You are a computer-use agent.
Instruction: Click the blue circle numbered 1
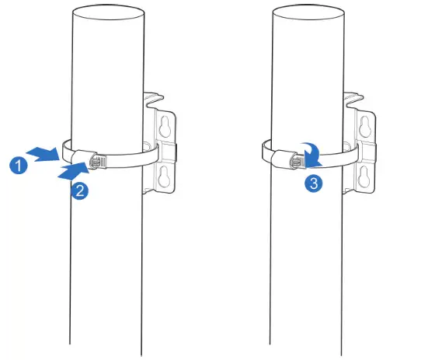coord(16,165)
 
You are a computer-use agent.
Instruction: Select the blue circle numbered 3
coord(311,184)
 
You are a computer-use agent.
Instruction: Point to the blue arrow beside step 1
coord(43,152)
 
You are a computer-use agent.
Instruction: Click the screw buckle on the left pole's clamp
coord(99,162)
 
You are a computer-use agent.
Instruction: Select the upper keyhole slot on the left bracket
coord(165,125)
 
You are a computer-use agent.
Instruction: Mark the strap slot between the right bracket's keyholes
coord(367,152)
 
